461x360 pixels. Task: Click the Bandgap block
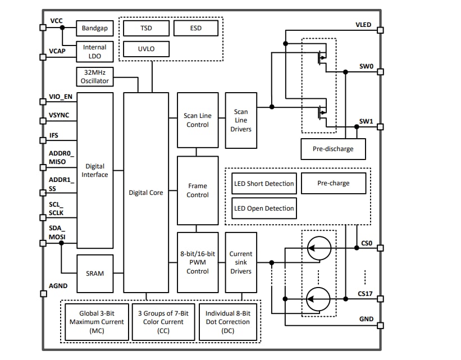pyautogui.click(x=94, y=28)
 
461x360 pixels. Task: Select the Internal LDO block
pyautogui.click(x=94, y=52)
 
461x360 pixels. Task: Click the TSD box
pyautogui.click(x=145, y=28)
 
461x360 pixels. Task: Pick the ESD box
pyautogui.click(x=195, y=28)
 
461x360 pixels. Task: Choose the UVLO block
pyautogui.click(x=145, y=49)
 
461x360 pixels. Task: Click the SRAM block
pyautogui.click(x=94, y=274)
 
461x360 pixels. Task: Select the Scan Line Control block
pyautogui.click(x=198, y=120)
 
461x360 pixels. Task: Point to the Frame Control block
pyautogui.click(x=198, y=190)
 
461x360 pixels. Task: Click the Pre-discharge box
pyautogui.click(x=334, y=149)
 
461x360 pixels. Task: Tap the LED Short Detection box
pyautogui.click(x=263, y=184)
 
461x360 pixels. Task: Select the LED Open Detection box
pyautogui.click(x=263, y=208)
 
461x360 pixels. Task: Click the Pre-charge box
pyautogui.click(x=333, y=183)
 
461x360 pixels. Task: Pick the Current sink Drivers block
pyautogui.click(x=241, y=262)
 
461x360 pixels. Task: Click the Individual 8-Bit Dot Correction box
pyautogui.click(x=224, y=321)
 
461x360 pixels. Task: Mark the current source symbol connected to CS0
pyautogui.click(x=318, y=248)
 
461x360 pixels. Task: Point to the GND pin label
pyautogui.click(x=366, y=318)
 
